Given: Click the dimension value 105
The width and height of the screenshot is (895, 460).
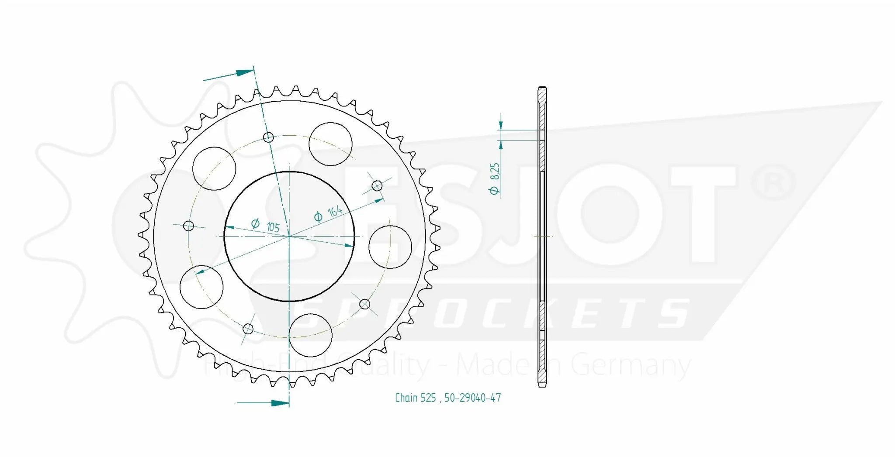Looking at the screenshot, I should tap(273, 227).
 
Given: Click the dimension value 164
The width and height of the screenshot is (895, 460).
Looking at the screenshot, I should tap(335, 211).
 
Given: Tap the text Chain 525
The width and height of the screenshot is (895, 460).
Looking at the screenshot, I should tap(415, 398).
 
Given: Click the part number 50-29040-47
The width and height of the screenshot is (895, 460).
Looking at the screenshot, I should tap(472, 398).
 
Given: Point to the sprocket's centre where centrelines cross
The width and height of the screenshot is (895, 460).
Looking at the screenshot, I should tap(289, 236).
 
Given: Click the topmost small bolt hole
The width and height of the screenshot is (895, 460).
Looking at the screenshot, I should tap(268, 138).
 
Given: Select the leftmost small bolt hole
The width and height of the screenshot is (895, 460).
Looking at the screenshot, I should tap(188, 226).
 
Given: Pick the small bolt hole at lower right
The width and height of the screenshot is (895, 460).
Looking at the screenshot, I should tap(364, 304).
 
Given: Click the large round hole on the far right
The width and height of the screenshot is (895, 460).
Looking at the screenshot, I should tap(390, 247).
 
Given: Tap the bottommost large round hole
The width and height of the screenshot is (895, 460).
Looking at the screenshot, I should tap(311, 335).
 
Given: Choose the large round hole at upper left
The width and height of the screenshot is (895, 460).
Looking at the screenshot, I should tap(214, 168).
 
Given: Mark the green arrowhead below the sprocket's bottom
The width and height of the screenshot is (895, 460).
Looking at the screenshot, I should tap(280, 403).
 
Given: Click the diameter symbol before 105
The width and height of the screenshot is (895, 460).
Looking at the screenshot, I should tap(256, 223).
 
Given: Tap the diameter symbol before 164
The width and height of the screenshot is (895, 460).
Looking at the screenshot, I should tap(318, 217).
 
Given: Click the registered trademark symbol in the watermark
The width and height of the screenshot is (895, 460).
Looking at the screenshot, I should tap(773, 183).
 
